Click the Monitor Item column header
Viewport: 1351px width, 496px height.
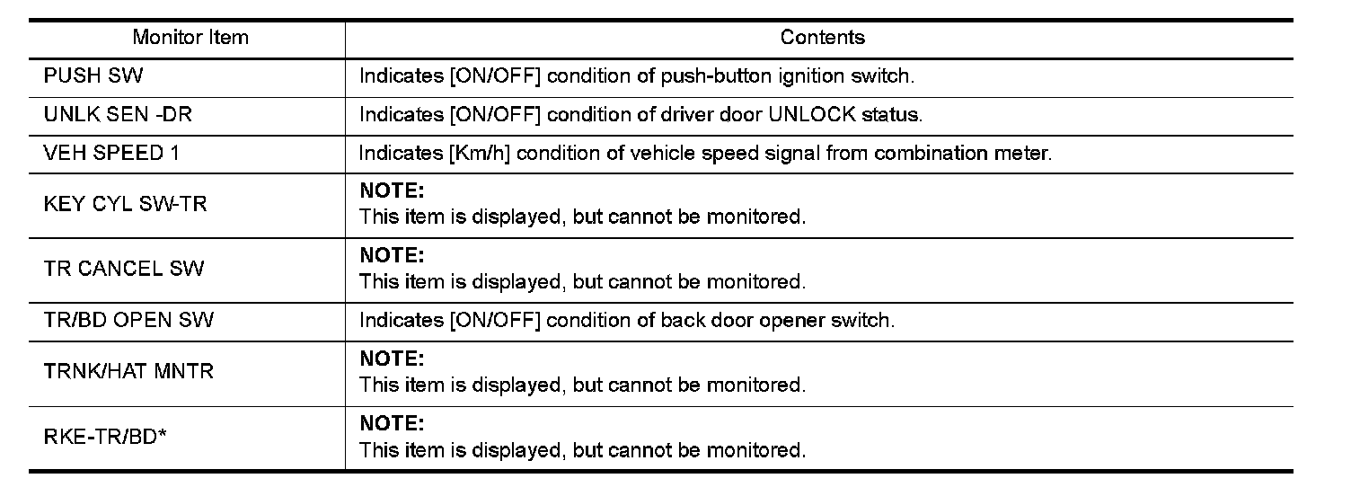coord(190,38)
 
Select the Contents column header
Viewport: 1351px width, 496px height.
coord(822,38)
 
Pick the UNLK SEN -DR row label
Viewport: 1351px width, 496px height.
coord(117,115)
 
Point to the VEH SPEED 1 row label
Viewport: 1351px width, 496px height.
coord(111,153)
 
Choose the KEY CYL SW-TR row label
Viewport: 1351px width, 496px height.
coord(125,204)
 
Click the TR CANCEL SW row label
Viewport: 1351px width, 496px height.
coord(123,269)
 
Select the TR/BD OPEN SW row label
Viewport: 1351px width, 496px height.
coord(128,320)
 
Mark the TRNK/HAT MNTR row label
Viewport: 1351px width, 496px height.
coord(128,372)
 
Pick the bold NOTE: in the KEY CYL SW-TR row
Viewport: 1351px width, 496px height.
coord(391,191)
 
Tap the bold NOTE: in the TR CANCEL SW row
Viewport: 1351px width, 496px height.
coord(391,256)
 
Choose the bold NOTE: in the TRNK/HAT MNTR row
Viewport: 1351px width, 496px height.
coord(391,359)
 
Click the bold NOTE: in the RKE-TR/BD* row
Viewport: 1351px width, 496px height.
coord(391,423)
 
